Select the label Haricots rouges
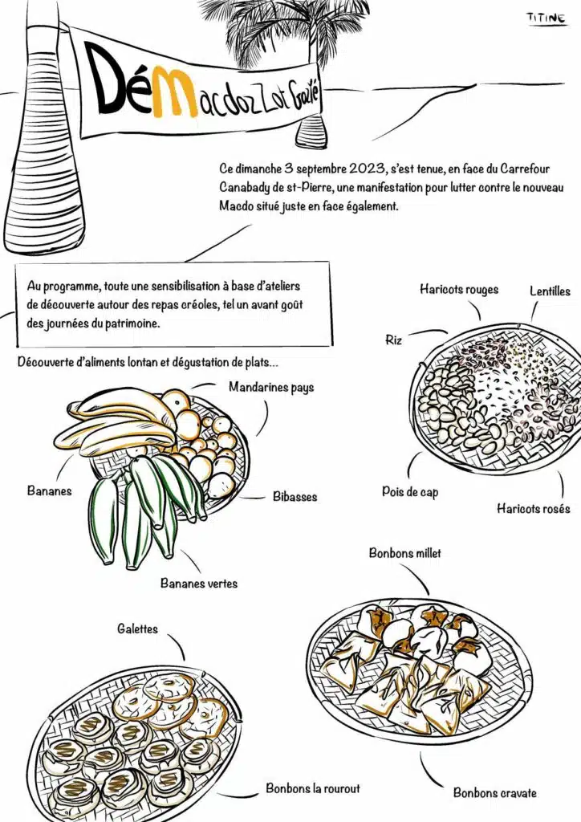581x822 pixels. (458, 290)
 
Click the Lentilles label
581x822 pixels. (550, 291)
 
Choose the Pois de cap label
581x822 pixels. (410, 492)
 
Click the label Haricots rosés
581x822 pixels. (533, 509)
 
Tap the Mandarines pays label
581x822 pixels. (271, 388)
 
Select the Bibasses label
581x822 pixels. (295, 497)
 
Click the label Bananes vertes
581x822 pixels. (199, 584)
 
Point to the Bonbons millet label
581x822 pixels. (404, 553)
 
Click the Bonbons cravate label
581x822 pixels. (494, 793)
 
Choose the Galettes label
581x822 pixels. (137, 629)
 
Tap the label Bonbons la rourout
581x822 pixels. (314, 788)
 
